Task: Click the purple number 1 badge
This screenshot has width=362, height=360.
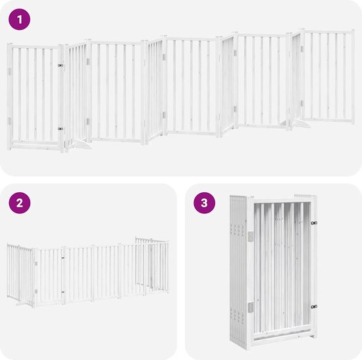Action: coord(19,19)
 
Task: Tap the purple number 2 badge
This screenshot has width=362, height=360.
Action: coord(20,203)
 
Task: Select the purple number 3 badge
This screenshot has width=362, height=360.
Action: coord(204,203)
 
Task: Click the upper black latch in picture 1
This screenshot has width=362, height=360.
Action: coord(61,66)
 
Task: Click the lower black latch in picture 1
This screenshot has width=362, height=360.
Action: coord(61,128)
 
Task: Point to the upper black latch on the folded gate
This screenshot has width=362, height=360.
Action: coord(314,223)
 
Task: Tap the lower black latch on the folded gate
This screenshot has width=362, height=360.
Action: coord(314,307)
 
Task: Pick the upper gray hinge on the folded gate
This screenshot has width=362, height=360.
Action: coord(251,236)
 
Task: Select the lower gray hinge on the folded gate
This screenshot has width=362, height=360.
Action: coord(251,307)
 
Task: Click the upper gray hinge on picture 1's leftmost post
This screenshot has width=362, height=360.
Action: coord(9,71)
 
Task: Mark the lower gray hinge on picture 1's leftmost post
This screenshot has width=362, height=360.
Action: coord(9,121)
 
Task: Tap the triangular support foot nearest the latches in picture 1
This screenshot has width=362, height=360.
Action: coord(80,144)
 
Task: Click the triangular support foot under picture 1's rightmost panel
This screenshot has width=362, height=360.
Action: coord(301,123)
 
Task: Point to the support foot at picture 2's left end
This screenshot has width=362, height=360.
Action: coord(22,303)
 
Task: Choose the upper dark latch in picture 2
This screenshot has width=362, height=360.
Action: coord(63,258)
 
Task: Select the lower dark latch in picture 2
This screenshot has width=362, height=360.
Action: coord(63,292)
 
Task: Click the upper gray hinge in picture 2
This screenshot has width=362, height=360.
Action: coord(36,263)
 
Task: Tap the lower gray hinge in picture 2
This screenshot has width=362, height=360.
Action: coord(36,292)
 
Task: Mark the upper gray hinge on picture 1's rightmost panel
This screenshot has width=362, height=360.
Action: coord(302,49)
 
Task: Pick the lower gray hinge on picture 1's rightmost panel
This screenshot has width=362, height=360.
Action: coord(302,103)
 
